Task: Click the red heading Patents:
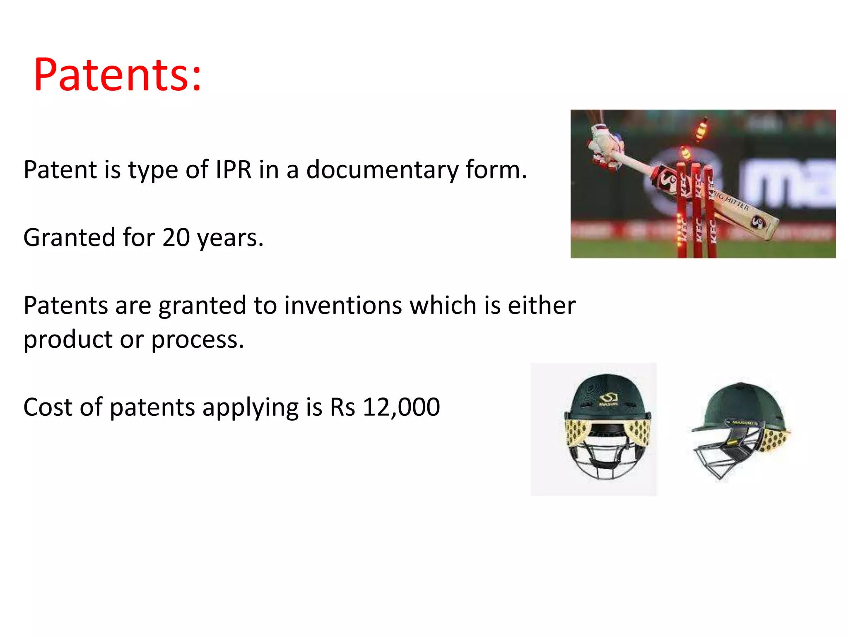118,75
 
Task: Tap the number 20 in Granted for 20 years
176,238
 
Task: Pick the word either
541,306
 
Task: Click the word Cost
48,407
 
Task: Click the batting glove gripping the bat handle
605,147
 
